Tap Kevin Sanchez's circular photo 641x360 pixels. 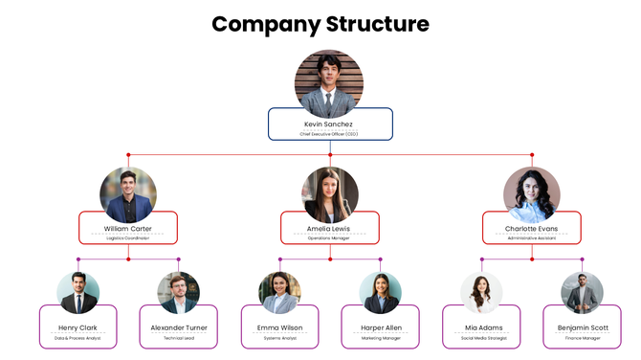coord(328,84)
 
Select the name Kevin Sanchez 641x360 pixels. coord(328,124)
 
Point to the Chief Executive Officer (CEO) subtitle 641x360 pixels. coord(328,134)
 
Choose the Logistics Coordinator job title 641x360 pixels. coord(128,238)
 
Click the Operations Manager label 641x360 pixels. coord(330,238)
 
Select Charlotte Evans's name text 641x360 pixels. coord(531,229)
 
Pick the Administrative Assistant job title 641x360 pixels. coord(531,238)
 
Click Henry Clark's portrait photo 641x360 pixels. coord(77,293)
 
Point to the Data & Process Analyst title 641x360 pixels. coord(77,338)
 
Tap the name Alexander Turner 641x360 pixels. coord(179,327)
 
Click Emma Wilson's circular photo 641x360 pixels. coord(279,293)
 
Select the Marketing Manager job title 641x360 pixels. coord(380,338)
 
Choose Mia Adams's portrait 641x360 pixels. coord(481,293)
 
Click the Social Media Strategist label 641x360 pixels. coord(481,338)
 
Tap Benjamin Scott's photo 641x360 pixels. coord(582,293)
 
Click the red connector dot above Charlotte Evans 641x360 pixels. coord(532,155)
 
